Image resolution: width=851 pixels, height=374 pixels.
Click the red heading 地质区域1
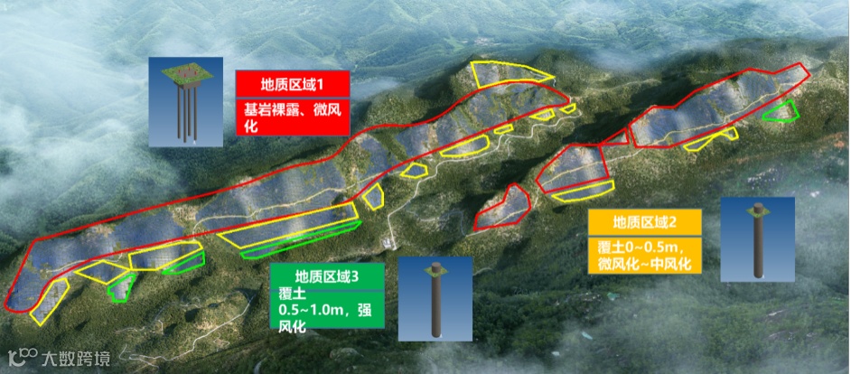pos(292,84)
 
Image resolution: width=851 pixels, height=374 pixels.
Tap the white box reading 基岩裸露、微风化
pos(292,117)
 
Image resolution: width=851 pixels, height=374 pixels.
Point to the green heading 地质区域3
pos(328,276)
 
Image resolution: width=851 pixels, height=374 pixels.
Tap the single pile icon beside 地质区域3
pos(436,298)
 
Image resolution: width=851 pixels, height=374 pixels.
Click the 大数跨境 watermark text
pos(77,359)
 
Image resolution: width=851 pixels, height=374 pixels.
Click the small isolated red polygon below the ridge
pos(502,207)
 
